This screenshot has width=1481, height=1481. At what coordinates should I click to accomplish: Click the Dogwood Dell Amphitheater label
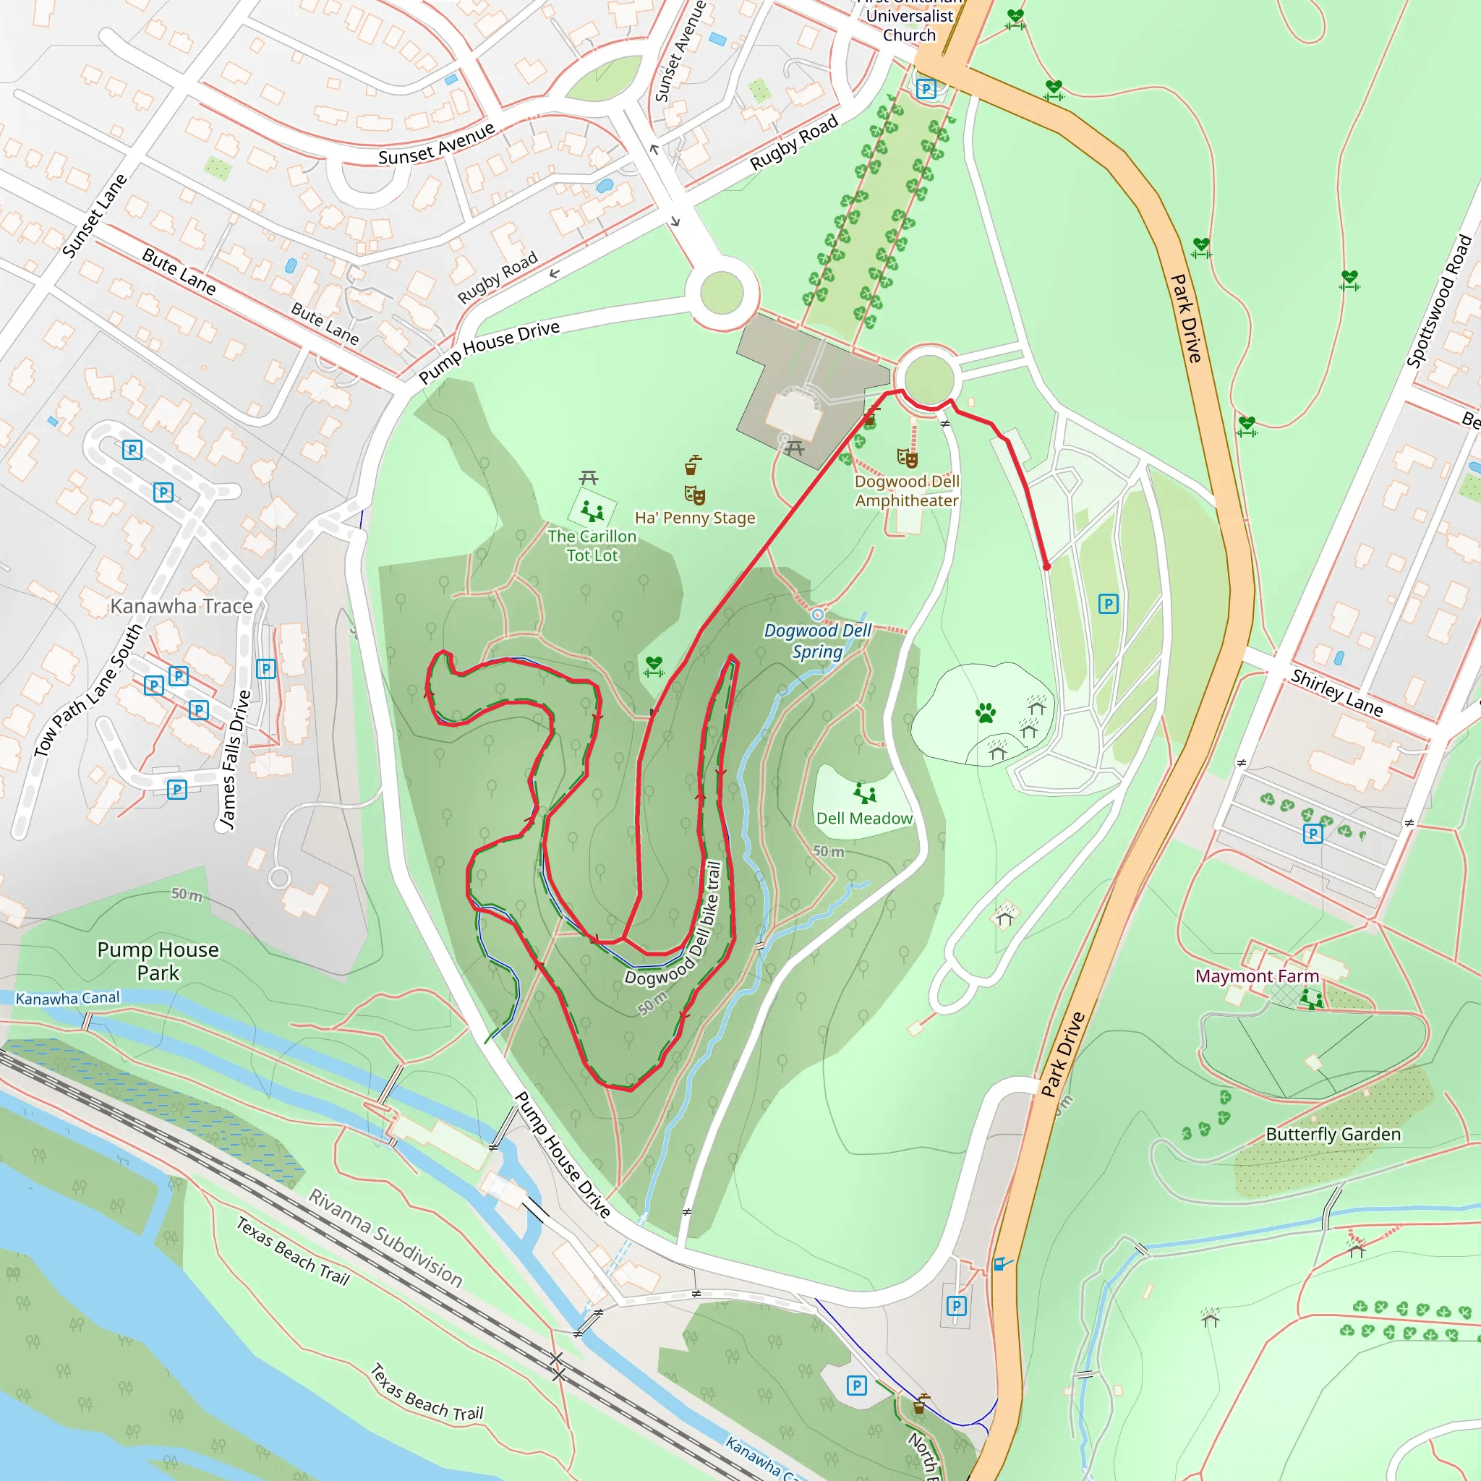[x=906, y=490]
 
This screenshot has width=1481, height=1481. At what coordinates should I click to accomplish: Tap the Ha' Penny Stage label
[x=694, y=518]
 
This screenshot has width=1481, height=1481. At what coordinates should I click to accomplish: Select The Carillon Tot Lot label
[x=592, y=546]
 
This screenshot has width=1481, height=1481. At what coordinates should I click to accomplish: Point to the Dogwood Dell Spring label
[x=817, y=641]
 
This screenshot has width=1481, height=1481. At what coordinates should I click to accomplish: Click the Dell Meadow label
[x=864, y=819]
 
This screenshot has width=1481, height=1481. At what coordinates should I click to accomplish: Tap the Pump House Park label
[x=158, y=960]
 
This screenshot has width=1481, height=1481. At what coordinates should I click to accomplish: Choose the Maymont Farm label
[x=1257, y=976]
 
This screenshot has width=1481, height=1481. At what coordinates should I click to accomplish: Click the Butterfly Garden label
[x=1333, y=1134]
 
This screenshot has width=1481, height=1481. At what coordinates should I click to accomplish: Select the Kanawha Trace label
[x=182, y=606]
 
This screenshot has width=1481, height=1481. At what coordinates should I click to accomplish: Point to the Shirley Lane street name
[x=1337, y=693]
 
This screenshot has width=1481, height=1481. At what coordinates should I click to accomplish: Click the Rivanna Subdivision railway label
[x=385, y=1237]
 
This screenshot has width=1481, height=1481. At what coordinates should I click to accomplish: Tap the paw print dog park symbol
[x=986, y=714]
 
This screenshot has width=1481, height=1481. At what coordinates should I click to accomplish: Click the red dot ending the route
[x=1046, y=566]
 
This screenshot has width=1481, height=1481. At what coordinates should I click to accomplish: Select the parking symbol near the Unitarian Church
[x=926, y=89]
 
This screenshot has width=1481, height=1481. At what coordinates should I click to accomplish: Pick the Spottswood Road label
[x=1439, y=302]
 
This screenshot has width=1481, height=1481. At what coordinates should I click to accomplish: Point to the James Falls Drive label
[x=235, y=759]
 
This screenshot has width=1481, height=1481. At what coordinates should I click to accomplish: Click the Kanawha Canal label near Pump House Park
[x=67, y=998]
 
